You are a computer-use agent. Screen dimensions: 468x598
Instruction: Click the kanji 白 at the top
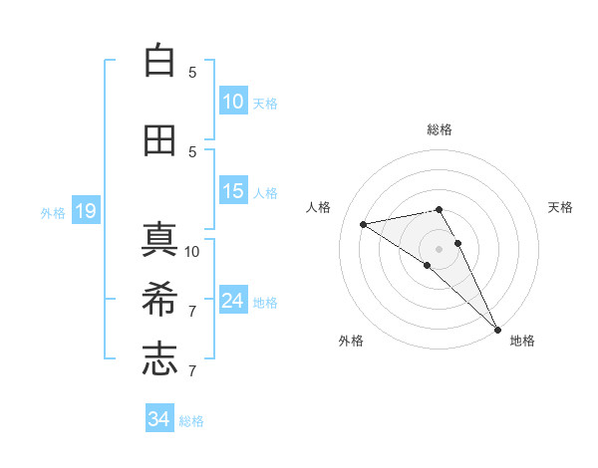pyautogui.click(x=159, y=61)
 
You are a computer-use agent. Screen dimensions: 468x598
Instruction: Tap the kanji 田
pyautogui.click(x=159, y=140)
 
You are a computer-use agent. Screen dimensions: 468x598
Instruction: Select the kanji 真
pyautogui.click(x=159, y=240)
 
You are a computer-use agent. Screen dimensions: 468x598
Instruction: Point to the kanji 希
pyautogui.click(x=159, y=300)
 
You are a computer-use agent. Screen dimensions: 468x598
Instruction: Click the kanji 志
pyautogui.click(x=159, y=359)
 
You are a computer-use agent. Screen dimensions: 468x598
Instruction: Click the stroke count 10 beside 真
pyautogui.click(x=192, y=251)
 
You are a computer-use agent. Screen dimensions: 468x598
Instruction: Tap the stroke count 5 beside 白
pyautogui.click(x=192, y=72)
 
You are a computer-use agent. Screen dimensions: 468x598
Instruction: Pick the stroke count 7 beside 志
pyautogui.click(x=192, y=371)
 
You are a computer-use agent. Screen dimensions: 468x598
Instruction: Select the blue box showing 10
pyautogui.click(x=233, y=101)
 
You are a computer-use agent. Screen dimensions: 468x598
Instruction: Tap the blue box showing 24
pyautogui.click(x=233, y=300)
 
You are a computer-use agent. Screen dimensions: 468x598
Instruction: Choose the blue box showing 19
pyautogui.click(x=85, y=210)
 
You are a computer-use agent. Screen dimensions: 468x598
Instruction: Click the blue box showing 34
pyautogui.click(x=158, y=419)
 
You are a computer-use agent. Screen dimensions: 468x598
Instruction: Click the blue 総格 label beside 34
pyautogui.click(x=191, y=421)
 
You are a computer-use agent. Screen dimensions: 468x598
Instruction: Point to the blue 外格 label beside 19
pyautogui.click(x=53, y=212)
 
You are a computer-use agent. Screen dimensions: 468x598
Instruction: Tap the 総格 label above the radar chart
pyautogui.click(x=440, y=129)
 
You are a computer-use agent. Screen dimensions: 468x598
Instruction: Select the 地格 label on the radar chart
pyautogui.click(x=522, y=341)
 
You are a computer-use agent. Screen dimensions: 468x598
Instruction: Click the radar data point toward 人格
pyautogui.click(x=364, y=224)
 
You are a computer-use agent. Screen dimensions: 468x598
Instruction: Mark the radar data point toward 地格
pyautogui.click(x=497, y=329)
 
